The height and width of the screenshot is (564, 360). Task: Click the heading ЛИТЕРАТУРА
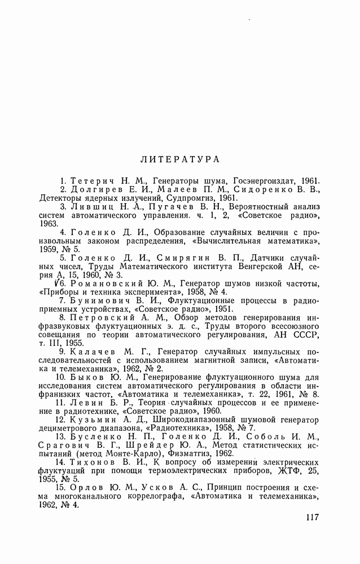pyautogui.click(x=179, y=160)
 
